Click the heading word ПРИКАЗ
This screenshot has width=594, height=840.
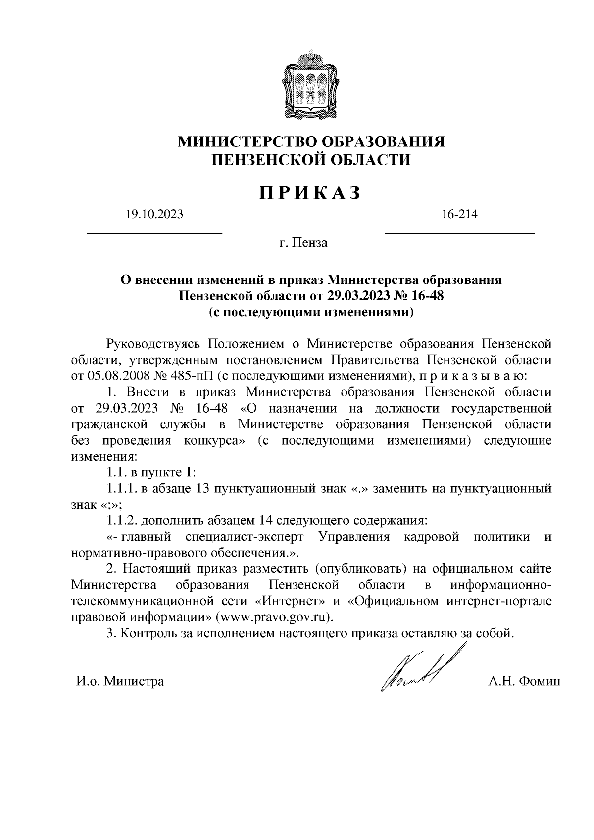tap(310, 193)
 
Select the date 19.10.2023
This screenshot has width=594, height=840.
tap(154, 214)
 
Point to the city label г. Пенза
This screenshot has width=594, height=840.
tap(303, 243)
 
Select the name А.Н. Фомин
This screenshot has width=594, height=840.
tap(524, 681)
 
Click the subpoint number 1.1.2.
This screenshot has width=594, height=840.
tap(122, 520)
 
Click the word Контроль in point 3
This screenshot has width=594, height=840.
tap(149, 634)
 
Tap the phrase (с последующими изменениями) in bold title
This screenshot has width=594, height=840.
tap(311, 313)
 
